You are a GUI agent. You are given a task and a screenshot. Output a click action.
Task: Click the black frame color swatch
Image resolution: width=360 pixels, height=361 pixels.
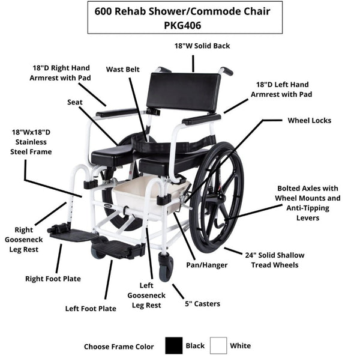pos(174,345)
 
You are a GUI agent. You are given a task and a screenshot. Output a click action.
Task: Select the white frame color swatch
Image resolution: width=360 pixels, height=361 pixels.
pos(218,345)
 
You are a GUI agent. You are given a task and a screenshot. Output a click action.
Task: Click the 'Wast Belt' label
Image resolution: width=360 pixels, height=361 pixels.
pos(123,69)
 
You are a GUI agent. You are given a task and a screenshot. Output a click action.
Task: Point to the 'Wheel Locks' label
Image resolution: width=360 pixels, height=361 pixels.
pos(309,120)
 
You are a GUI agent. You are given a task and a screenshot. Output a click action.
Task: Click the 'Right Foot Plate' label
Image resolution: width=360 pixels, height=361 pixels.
pos(53,278)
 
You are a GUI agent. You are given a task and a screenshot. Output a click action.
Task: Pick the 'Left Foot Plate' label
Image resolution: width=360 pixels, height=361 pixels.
pos(91,309)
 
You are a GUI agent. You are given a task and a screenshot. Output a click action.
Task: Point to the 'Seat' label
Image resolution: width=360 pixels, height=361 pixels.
pos(75,102)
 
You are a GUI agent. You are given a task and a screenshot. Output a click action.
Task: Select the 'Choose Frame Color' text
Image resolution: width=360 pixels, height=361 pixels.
pos(119,346)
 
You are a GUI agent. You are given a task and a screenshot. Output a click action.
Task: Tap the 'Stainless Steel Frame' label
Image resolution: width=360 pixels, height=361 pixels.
pos(31,142)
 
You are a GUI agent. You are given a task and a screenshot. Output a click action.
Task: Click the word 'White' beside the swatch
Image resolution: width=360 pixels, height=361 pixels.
pos(241,345)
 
